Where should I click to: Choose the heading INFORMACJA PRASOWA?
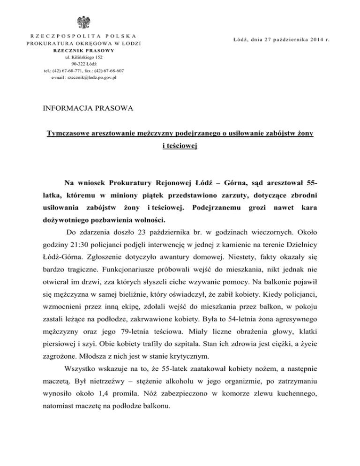click(88, 109)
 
